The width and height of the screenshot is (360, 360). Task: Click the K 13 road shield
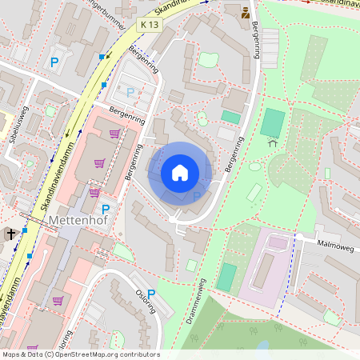coord(149,26)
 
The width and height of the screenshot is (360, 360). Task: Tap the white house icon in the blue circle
coord(180,173)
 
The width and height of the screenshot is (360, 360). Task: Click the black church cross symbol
coord(11,234)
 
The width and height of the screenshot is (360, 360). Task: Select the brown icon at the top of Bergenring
coord(246,13)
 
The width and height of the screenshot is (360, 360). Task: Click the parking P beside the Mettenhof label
coord(105,209)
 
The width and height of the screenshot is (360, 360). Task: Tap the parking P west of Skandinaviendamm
coord(54,62)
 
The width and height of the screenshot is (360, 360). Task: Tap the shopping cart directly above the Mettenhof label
coord(94,192)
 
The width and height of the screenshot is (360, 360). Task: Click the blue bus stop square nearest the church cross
coord(25,230)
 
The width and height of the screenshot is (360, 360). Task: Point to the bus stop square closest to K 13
coord(102,57)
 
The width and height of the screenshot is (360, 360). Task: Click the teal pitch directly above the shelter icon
coord(273,122)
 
